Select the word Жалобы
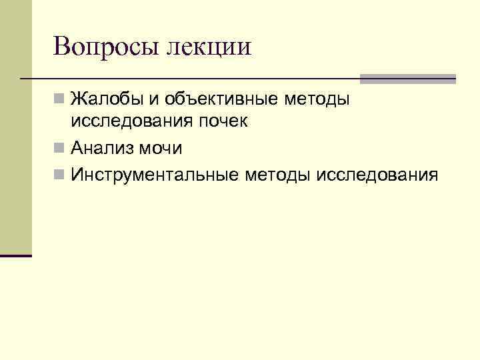pos(107,100)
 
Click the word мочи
pos(160,147)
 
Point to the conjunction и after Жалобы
pos(153,101)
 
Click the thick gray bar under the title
pos(407,78)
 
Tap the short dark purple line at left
pos(16,255)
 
